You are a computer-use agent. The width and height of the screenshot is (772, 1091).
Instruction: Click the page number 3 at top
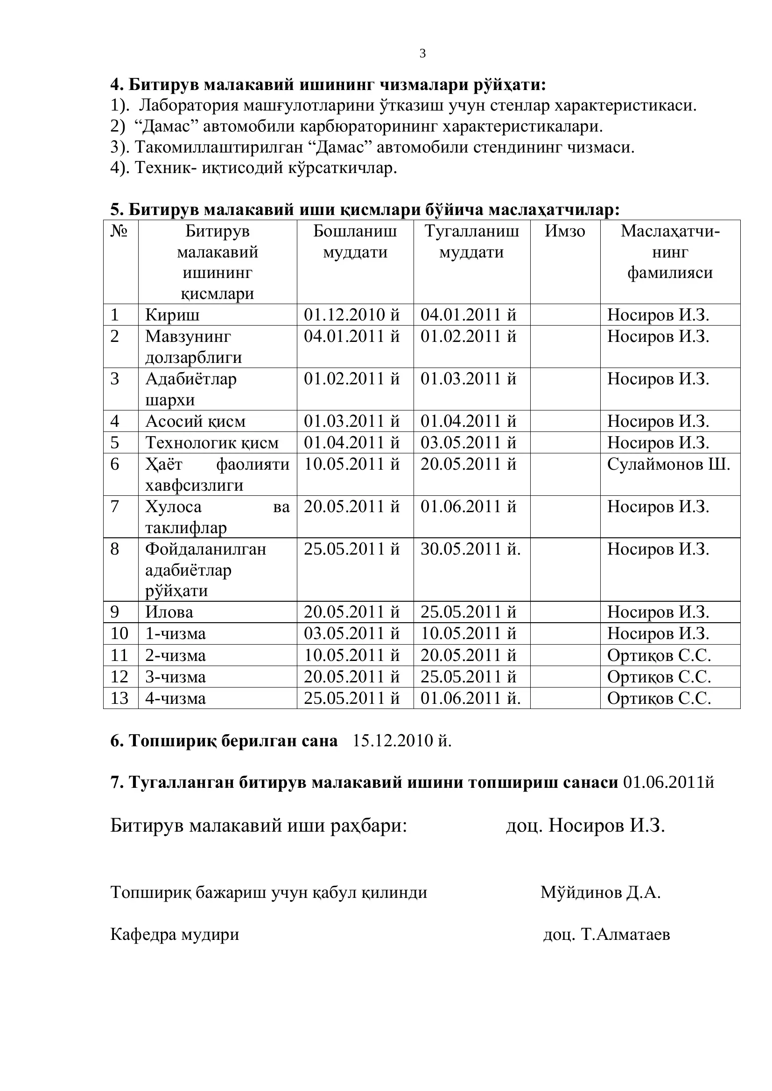tap(422, 54)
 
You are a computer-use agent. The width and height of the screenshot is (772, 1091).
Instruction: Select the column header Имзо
tap(565, 231)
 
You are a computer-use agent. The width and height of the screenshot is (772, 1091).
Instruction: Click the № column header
tap(119, 231)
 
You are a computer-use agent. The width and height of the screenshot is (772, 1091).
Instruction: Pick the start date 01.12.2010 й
tap(352, 315)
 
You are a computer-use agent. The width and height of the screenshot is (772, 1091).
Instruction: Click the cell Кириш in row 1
tap(172, 315)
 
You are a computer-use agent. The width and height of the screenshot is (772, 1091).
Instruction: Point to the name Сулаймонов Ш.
tap(668, 464)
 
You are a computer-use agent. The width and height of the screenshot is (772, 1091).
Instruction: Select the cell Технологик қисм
tap(212, 443)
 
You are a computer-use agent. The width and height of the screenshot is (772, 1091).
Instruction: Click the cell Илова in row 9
tap(169, 612)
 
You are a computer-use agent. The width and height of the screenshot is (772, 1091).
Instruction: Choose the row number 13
tap(119, 699)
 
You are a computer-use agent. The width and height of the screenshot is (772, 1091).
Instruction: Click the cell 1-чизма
tap(175, 634)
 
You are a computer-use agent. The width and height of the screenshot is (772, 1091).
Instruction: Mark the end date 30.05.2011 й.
tap(470, 549)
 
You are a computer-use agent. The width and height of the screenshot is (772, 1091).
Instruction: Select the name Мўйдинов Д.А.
tap(600, 893)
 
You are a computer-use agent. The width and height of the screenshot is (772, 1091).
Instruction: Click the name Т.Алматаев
tap(625, 935)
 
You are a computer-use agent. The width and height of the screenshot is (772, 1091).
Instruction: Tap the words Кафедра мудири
tap(175, 935)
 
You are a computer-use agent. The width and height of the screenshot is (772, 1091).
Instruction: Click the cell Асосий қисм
tap(196, 422)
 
